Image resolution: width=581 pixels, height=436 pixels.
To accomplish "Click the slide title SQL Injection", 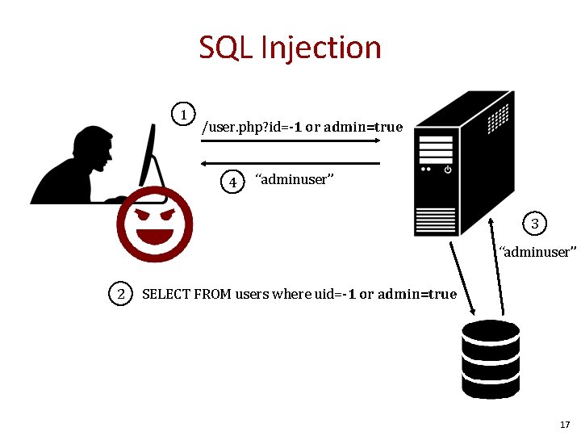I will point(290,48).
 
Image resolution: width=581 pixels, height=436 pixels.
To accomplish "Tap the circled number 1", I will point(186,114).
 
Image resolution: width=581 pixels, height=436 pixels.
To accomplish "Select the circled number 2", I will point(121,294).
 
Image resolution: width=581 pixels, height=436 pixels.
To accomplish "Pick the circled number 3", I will point(534,223).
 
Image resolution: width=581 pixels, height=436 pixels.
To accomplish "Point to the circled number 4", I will point(233,182).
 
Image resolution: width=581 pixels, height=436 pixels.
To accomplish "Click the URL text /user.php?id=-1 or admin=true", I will point(302,127).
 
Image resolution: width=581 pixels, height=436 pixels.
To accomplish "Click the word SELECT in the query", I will point(166,294).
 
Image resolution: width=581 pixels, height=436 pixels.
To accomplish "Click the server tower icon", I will point(460,161).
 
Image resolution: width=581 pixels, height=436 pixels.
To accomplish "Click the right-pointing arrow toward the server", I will point(290,142).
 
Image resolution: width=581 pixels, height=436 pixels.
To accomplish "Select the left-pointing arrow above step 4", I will point(290,163).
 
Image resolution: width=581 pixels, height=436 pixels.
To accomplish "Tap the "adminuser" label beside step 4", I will point(291,179).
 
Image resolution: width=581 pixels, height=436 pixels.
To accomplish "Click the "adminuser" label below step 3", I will point(537,252).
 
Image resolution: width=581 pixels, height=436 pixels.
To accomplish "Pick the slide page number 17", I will point(564,425).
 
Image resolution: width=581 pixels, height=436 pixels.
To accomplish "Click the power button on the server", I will point(448,170).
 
